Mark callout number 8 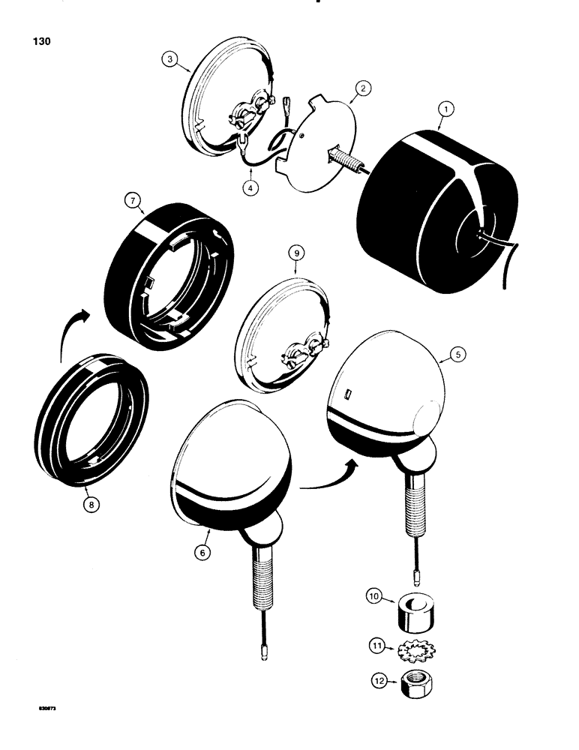click(90, 505)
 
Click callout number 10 click(373, 597)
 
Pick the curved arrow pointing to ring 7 click(70, 330)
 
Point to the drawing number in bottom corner click(44, 706)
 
